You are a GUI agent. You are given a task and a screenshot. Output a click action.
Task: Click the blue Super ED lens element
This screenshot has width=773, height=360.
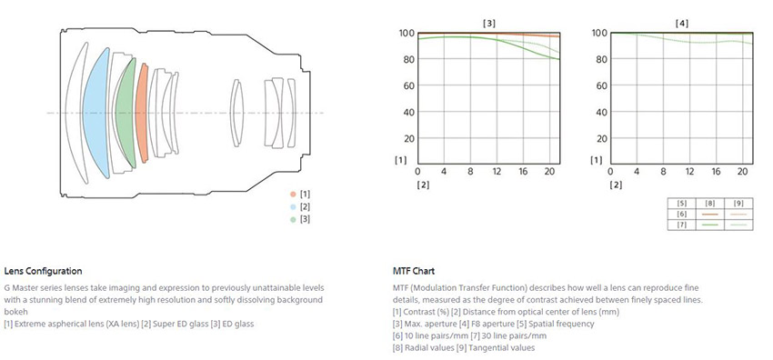click(95, 113)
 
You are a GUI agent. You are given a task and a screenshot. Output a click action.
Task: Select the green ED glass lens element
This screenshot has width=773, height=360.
click(125, 113)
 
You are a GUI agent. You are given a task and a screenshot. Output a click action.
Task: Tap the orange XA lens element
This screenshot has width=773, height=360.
click(142, 113)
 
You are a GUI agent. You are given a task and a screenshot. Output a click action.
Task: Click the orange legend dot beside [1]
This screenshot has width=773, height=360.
click(294, 194)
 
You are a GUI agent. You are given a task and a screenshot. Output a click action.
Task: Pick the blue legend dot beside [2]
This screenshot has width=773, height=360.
click(294, 207)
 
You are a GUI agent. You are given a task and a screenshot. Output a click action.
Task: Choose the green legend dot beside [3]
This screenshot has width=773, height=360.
click(294, 220)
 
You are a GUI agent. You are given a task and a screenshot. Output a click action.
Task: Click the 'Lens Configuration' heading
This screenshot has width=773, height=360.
click(43, 271)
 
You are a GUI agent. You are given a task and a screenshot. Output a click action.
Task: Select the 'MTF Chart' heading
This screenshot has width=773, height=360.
click(414, 271)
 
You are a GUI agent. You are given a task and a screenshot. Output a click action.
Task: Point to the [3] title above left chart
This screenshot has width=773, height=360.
click(489, 23)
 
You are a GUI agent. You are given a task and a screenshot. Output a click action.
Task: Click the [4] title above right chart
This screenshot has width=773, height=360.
click(681, 23)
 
